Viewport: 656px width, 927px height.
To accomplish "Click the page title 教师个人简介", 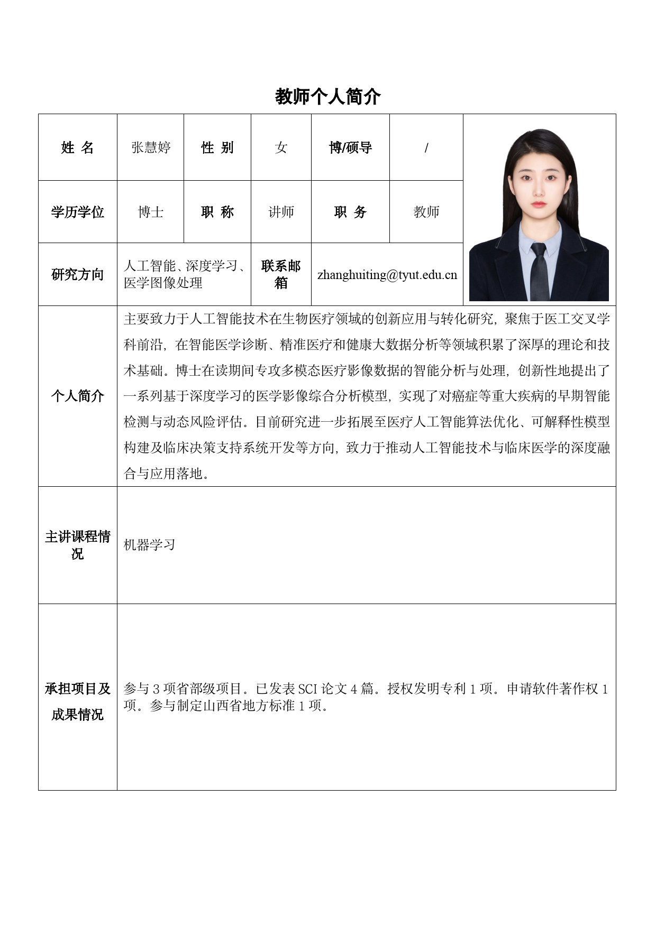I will [327, 97].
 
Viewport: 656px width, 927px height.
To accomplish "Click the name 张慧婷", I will [151, 147].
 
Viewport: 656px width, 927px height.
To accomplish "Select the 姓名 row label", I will [77, 147].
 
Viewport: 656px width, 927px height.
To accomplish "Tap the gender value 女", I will [281, 147].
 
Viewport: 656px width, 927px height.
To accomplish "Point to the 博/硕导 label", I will [350, 147].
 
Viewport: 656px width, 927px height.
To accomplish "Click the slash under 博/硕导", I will [426, 148].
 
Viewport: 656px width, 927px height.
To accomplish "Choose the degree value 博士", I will [151, 212].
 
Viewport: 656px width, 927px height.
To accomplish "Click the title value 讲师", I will [281, 212].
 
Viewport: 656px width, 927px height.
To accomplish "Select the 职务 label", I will [350, 212].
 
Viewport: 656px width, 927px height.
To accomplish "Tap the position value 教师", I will [426, 212].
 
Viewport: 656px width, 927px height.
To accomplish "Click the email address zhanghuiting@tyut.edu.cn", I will [387, 275].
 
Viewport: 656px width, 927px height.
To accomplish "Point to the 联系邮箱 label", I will [281, 274].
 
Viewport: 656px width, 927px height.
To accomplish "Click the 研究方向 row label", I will [77, 274].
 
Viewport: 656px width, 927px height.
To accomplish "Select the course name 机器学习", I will [149, 545].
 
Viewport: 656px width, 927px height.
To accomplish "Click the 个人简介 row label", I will [77, 396].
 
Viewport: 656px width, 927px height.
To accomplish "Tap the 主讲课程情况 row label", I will [77, 545].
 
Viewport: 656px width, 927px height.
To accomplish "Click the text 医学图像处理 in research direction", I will [163, 283].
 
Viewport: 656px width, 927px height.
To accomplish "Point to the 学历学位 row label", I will [77, 212].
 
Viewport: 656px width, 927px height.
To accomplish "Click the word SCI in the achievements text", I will [308, 689].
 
